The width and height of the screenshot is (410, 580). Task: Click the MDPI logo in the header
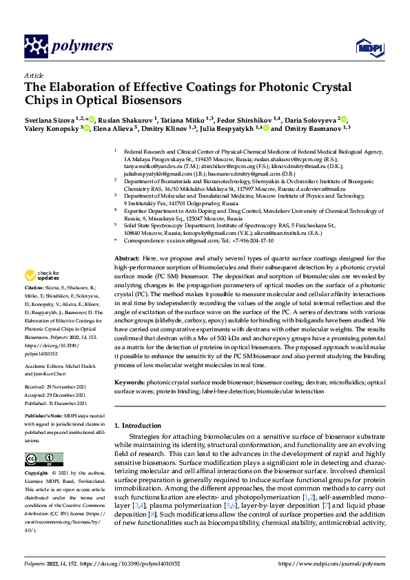[x=368, y=47]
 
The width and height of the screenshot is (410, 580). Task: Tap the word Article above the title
[x=33, y=75]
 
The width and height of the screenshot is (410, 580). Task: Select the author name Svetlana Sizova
[x=49, y=118]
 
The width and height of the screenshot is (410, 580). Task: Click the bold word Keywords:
[x=130, y=382]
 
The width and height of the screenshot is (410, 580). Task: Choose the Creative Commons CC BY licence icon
[x=40, y=459]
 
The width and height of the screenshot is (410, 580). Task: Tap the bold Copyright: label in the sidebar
[x=37, y=475]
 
